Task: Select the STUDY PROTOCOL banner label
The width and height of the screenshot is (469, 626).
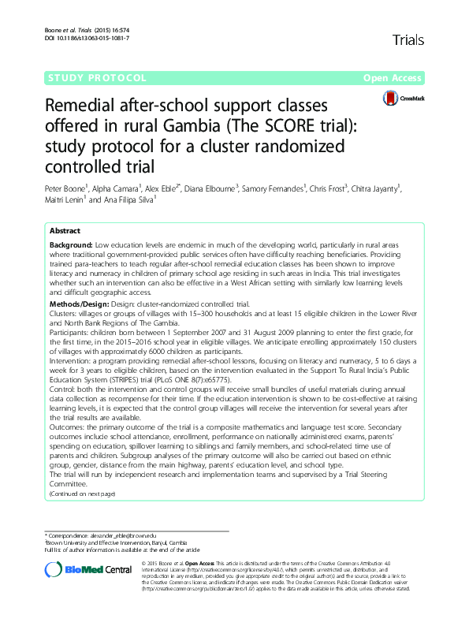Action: coord(99,79)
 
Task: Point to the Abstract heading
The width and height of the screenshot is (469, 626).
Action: coord(64,231)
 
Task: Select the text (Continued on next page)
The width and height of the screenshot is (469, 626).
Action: coord(82,494)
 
